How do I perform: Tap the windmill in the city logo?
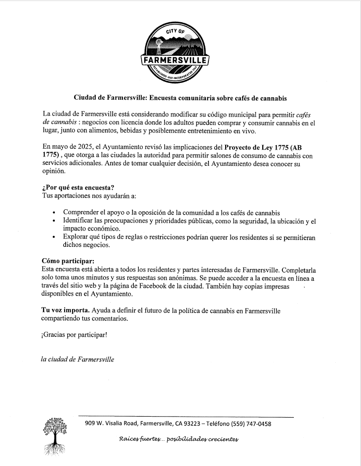point(159,45)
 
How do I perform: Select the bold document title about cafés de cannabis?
point(180,98)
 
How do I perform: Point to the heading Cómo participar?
point(68,260)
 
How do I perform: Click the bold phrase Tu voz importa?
point(65,311)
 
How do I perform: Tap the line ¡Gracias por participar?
point(74,335)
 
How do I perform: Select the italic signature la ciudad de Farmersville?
point(78,359)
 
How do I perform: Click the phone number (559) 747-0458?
point(250,424)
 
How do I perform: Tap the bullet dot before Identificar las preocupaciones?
point(54,221)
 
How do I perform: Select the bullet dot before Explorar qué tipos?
point(54,237)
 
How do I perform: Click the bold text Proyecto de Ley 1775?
point(257,146)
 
